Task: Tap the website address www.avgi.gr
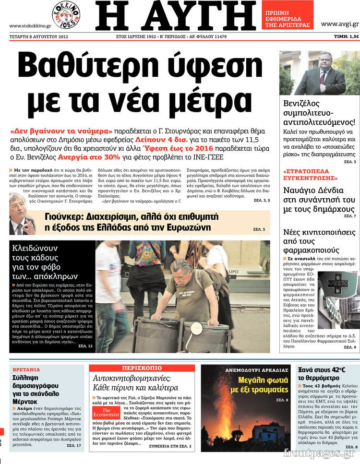pos(339,24)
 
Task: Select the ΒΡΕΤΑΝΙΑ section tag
pos(26,370)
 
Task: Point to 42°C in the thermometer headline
pos(331,370)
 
